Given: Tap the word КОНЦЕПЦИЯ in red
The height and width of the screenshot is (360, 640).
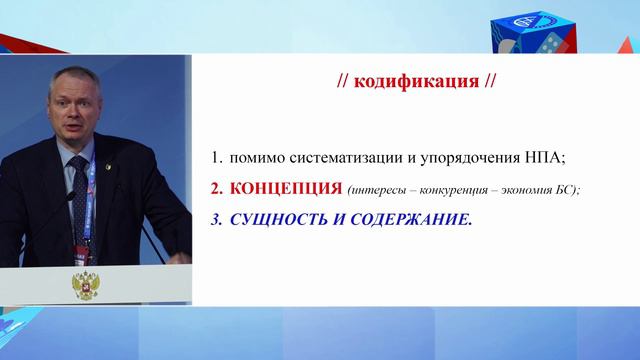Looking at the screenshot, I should [277, 188].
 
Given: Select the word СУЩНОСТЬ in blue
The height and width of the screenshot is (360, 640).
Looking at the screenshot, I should [282, 218].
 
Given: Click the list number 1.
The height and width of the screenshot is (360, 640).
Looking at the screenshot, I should [215, 158].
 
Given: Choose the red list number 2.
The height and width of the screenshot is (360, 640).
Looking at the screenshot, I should [215, 188].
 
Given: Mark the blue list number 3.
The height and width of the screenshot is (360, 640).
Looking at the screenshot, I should [215, 218].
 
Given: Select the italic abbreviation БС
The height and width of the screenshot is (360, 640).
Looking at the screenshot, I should [567, 189].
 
